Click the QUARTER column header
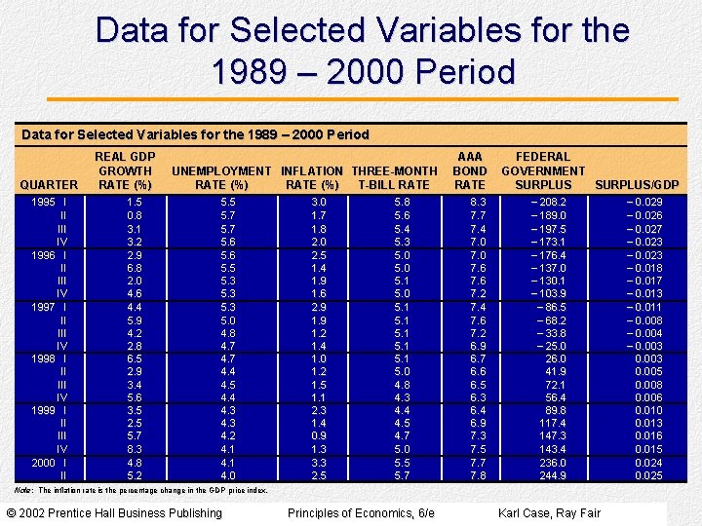49,184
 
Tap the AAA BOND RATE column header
470,170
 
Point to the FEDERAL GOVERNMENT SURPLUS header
543,170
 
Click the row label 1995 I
49,202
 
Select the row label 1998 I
49,357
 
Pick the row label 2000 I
49,463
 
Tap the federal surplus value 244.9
548,475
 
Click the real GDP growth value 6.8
135,267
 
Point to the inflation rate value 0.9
319,436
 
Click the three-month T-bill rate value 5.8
402,202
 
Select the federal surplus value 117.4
548,424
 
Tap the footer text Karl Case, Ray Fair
549,513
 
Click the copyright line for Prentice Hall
112,513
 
